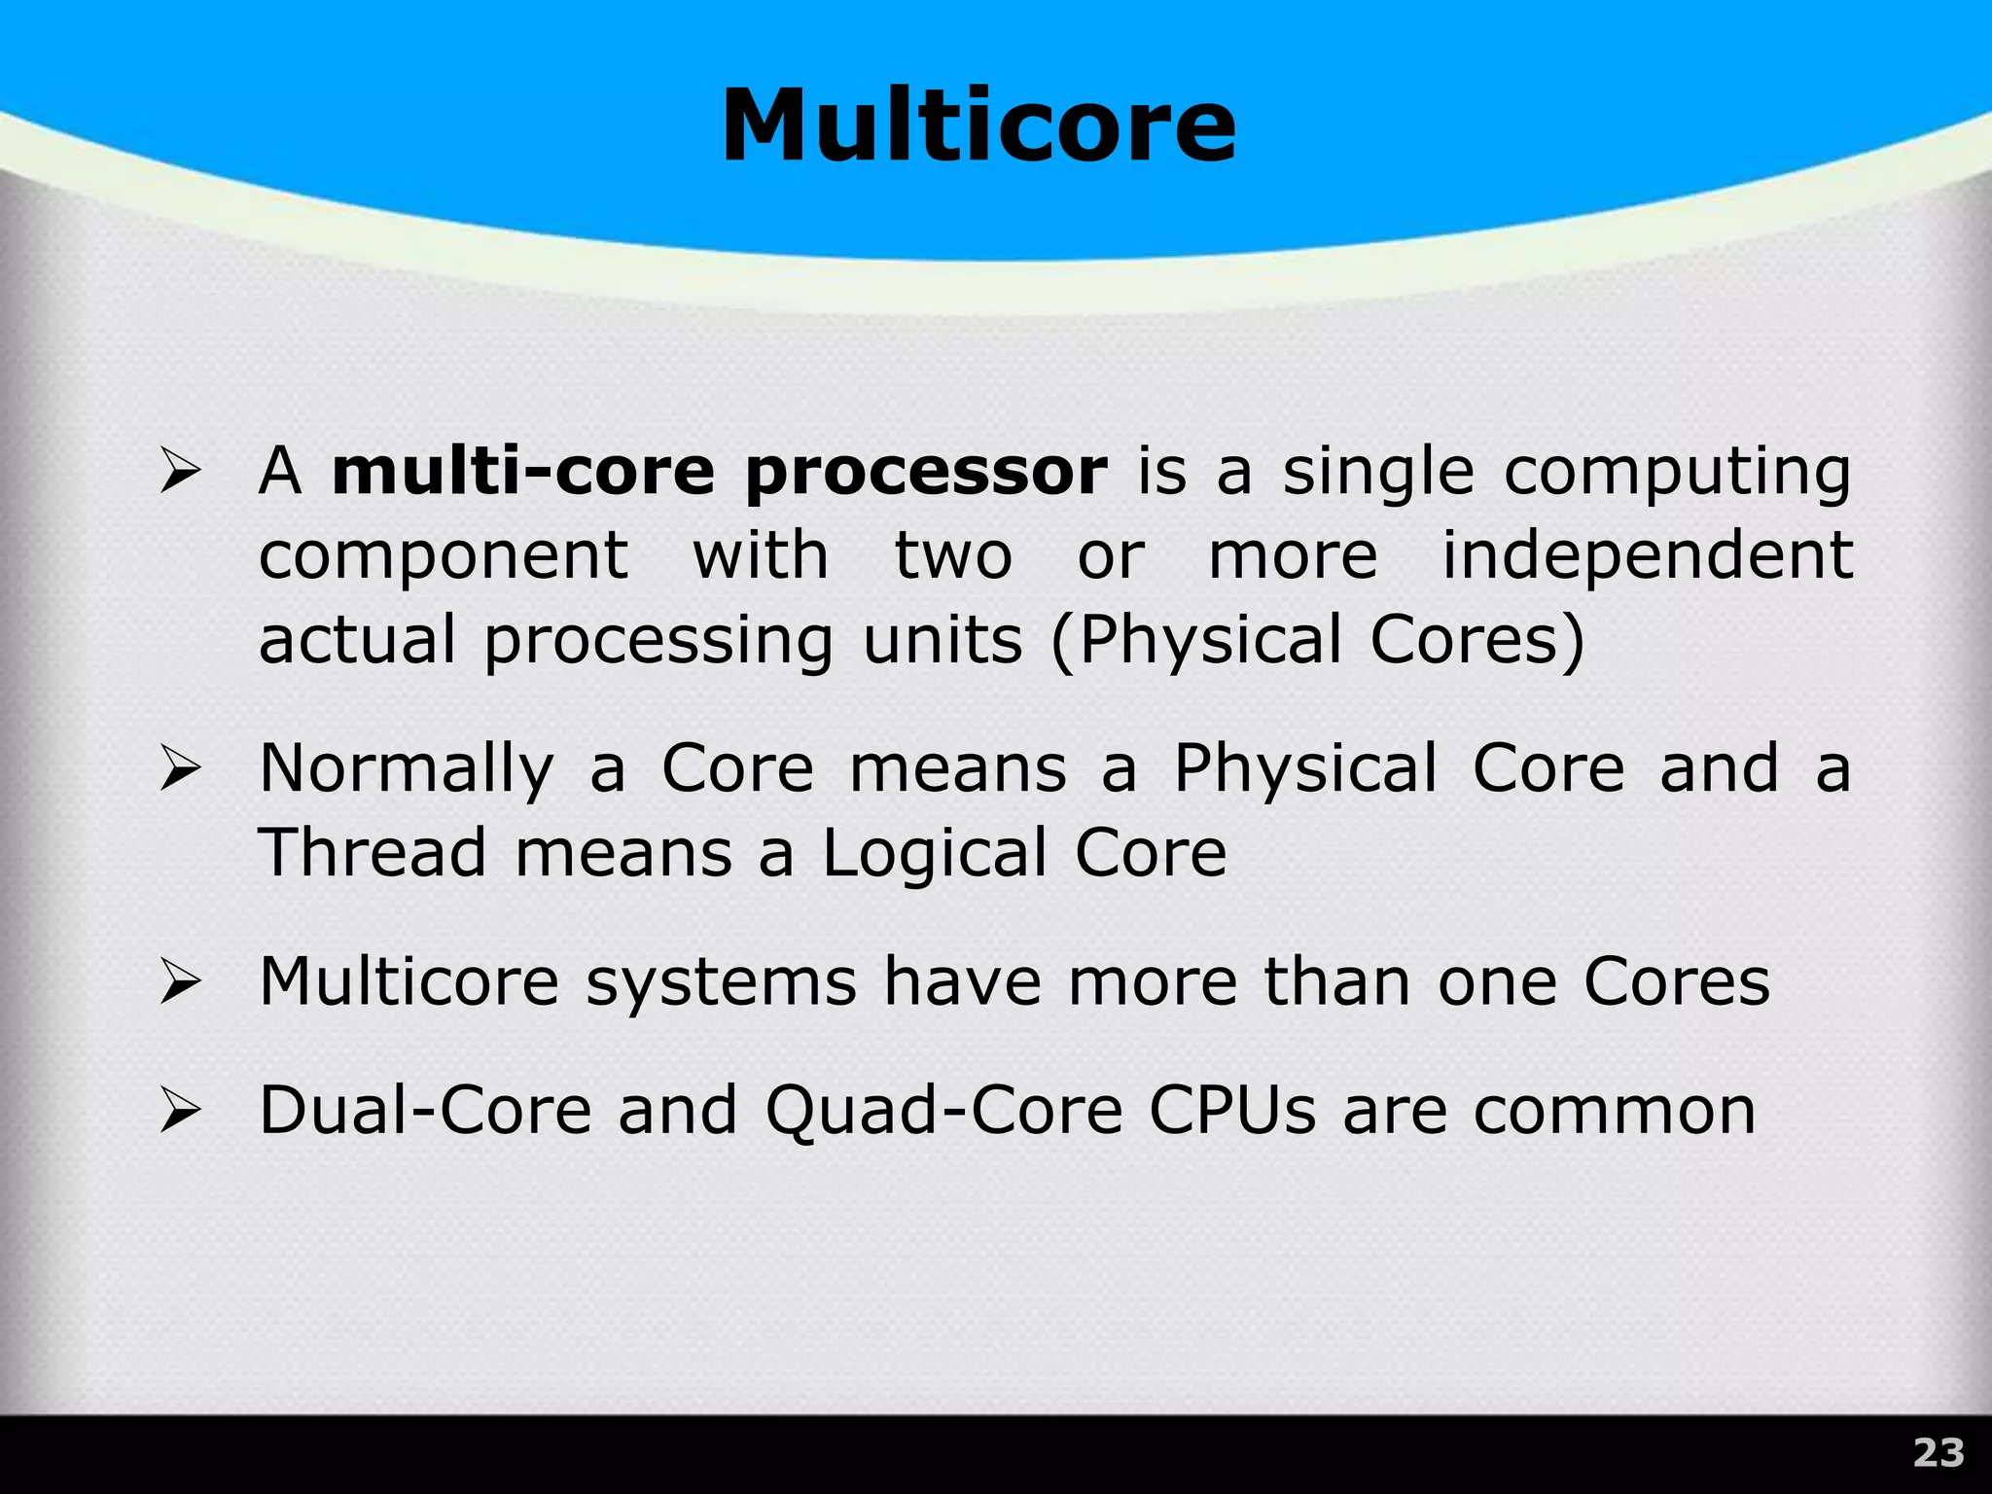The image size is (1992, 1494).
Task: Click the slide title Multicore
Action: point(978,126)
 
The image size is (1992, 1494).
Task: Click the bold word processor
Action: point(926,474)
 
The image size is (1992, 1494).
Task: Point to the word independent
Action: point(1647,558)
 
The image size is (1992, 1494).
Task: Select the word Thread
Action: point(373,853)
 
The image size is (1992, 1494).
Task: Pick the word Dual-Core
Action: point(425,1111)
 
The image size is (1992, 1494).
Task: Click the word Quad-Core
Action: point(943,1113)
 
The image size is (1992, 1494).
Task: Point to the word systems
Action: point(721,982)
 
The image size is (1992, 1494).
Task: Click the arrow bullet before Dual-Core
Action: point(180,1111)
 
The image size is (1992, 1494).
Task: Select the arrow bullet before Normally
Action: point(180,769)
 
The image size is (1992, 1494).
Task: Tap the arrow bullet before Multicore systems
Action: point(180,981)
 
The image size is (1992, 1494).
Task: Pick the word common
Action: point(1615,1111)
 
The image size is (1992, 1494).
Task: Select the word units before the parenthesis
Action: point(943,642)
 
